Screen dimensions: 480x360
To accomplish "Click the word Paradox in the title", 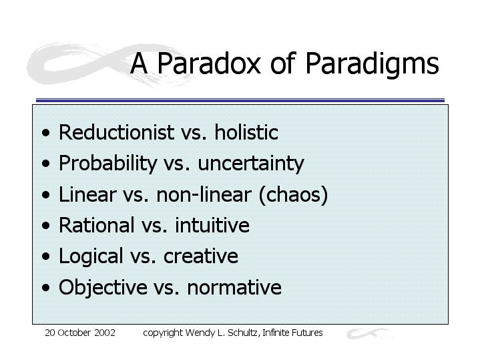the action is coord(209,63).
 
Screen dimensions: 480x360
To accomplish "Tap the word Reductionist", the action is coord(116,132).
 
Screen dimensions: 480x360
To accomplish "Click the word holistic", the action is coord(246,132).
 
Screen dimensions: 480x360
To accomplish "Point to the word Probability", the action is coord(107,164).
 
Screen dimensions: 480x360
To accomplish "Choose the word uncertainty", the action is coord(251,164).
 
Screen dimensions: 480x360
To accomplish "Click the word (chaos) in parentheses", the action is coord(293,195).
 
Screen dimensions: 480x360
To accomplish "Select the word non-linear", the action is coord(204,194).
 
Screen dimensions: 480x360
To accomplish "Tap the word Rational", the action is coord(96,225).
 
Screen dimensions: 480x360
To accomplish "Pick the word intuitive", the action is coord(212,225).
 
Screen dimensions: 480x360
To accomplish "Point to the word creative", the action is coord(201,256).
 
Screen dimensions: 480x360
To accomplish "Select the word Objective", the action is coord(103,288).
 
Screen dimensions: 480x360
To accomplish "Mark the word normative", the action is coord(234,288).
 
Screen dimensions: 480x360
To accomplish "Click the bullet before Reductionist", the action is coord(46,133).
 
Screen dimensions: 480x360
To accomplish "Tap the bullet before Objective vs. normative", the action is coord(46,288).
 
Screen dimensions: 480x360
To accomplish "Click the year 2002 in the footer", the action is coord(105,333).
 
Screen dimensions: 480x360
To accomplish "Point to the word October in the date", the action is coord(74,333).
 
